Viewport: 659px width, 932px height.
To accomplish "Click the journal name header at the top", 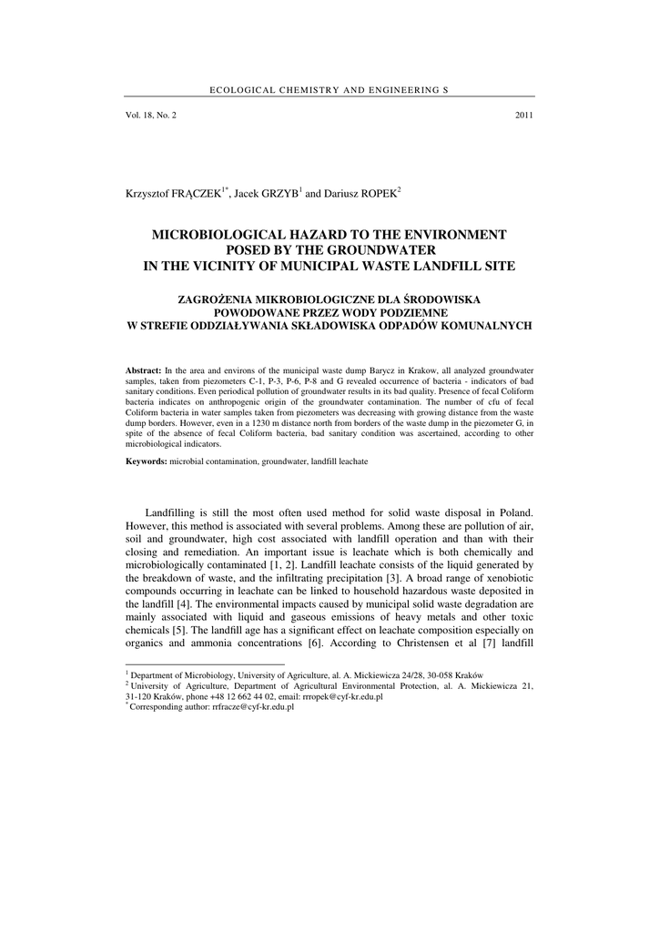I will coord(329,90).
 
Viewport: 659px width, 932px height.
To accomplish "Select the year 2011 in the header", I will coord(523,116).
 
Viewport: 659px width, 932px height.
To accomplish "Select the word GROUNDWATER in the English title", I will coord(384,250).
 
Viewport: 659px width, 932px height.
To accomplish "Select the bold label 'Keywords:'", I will coord(146,462).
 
